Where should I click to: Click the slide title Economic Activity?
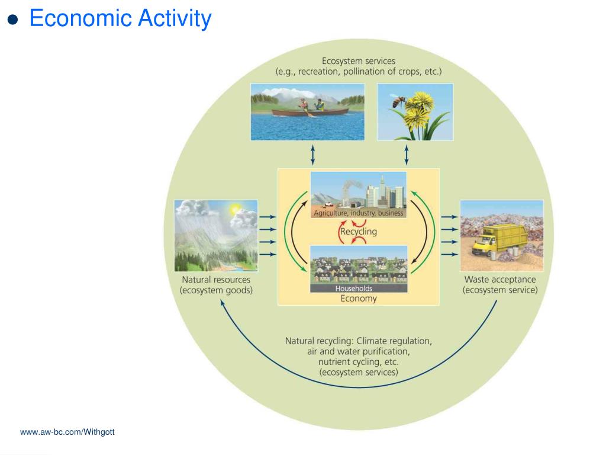120,19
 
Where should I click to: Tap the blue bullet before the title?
13,20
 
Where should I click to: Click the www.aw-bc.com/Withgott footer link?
67,432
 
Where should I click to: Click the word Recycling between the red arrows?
358,232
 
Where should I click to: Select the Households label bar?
354,289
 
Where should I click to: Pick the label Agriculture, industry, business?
359,213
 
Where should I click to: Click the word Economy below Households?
358,299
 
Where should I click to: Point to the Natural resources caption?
215,280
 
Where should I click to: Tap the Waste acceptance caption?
500,280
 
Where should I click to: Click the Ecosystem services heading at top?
358,61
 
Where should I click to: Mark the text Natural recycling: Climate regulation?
359,341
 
